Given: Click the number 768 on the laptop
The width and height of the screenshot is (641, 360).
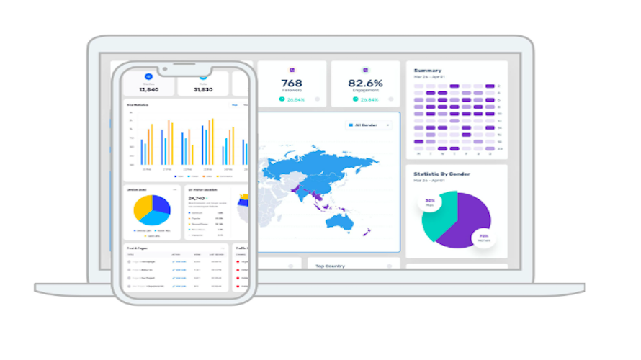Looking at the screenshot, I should click(x=292, y=83).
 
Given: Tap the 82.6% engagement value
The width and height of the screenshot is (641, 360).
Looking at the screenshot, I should click(x=366, y=83).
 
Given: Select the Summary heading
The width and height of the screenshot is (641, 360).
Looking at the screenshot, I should click(x=429, y=70).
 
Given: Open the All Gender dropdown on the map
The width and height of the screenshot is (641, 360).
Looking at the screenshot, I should click(x=369, y=125).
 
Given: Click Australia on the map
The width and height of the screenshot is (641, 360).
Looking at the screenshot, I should click(x=339, y=220).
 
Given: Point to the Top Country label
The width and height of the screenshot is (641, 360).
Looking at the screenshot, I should click(x=330, y=266).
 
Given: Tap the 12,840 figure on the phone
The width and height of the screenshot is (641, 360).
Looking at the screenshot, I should click(x=149, y=89).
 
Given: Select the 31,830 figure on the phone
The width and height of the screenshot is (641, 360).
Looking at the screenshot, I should click(x=204, y=89).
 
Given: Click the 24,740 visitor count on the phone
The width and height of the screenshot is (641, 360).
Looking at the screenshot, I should click(x=198, y=197).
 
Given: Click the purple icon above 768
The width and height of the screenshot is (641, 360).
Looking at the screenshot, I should click(x=292, y=70).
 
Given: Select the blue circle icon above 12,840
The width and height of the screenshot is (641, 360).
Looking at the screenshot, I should click(x=149, y=76).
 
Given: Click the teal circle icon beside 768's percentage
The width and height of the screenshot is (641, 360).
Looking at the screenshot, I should click(x=282, y=99).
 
